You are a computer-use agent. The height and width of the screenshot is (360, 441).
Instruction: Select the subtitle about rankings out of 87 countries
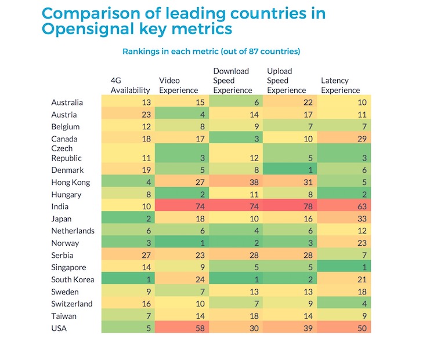coord(211,52)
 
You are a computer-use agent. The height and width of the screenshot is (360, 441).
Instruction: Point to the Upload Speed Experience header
coord(287,81)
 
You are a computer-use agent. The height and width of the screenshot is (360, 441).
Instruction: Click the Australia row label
coord(67,103)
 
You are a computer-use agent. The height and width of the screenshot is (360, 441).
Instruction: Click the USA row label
coord(60,328)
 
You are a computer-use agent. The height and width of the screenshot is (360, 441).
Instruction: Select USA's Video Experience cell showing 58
coord(182,328)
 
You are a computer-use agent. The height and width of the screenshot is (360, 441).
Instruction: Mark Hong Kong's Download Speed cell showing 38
coord(236,182)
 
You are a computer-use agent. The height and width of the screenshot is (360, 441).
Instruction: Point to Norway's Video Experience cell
coord(182,243)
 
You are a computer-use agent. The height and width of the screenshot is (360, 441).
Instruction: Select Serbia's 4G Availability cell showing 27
coord(128,255)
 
